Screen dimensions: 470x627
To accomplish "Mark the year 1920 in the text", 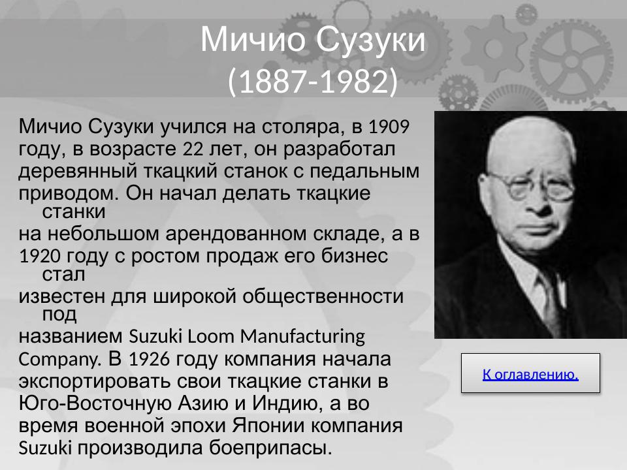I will [41, 257].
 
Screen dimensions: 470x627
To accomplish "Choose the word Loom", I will [206, 337].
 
